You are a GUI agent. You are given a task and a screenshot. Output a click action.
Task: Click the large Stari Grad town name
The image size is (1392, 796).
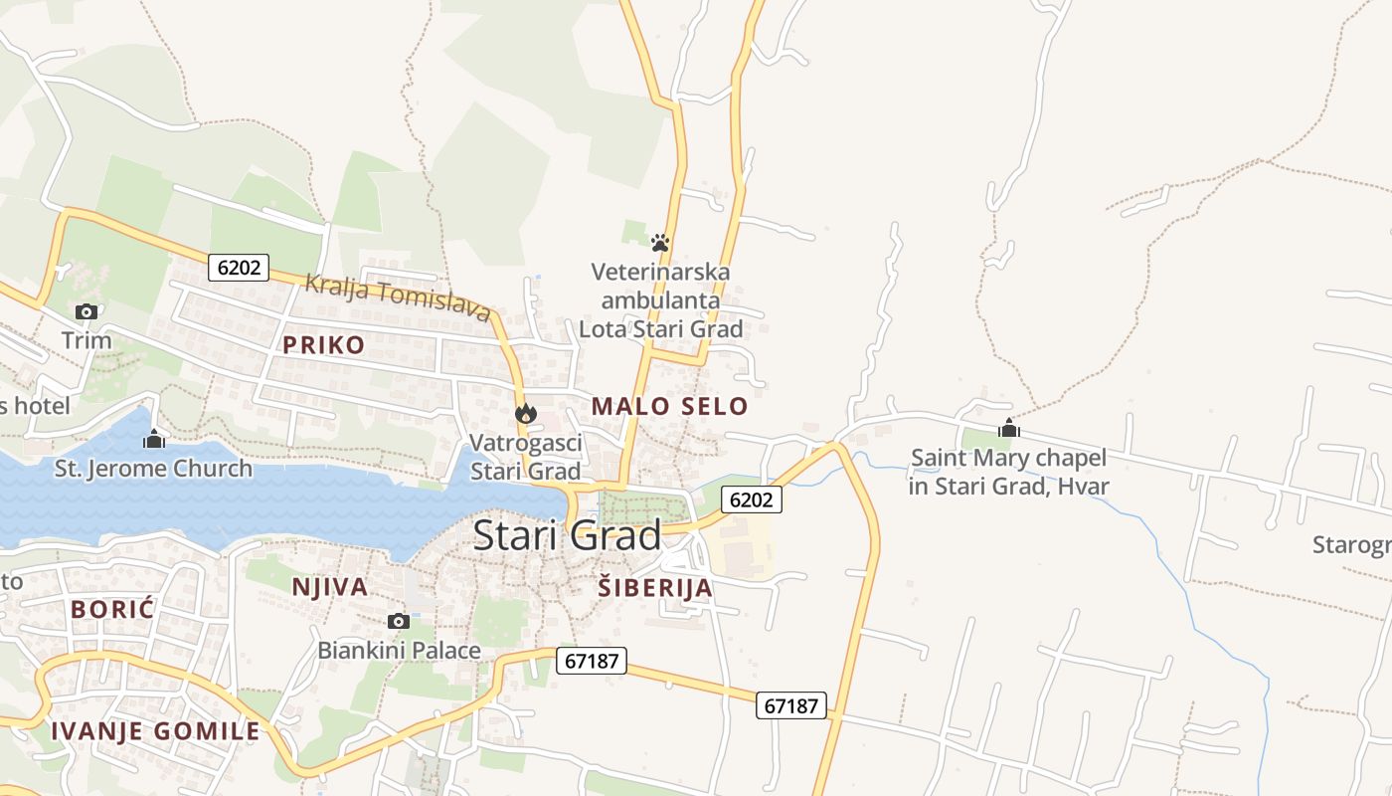(x=567, y=535)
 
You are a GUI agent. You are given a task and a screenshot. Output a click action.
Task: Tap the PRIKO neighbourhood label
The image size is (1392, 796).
(x=323, y=345)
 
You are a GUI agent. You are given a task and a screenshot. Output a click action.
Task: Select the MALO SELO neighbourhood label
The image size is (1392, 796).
(x=669, y=406)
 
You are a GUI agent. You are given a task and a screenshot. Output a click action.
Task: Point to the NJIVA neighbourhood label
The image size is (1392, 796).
(x=329, y=587)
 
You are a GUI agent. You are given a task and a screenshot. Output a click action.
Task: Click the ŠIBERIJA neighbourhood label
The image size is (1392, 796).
(x=655, y=587)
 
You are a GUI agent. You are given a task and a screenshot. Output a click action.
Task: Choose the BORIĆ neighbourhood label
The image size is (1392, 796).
(x=112, y=609)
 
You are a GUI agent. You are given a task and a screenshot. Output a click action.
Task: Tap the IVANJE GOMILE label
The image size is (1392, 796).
(x=155, y=731)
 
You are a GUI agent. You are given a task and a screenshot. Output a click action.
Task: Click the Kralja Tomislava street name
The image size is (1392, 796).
(x=398, y=297)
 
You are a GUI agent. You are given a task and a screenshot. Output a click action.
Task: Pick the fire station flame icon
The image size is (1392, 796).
(x=525, y=413)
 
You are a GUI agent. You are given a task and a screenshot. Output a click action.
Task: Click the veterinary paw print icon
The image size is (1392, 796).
(x=660, y=242)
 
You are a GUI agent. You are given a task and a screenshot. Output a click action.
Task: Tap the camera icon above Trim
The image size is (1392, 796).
(x=87, y=311)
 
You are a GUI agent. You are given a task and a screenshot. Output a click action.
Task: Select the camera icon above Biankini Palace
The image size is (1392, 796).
(x=399, y=622)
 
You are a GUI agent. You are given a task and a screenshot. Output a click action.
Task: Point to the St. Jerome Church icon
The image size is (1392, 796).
(x=154, y=438)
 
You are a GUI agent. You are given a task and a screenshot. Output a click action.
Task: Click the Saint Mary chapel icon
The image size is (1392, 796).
(x=1009, y=429)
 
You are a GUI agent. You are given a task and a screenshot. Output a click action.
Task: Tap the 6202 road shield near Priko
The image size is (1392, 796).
(x=240, y=267)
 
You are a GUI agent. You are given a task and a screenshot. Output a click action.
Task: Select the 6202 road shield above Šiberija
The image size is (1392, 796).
(x=751, y=499)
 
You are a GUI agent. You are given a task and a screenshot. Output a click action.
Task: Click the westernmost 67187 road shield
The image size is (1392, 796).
(x=591, y=660)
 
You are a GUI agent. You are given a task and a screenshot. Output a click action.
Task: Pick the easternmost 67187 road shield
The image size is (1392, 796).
(x=791, y=705)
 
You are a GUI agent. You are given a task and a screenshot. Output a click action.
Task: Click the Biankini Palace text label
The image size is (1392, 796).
(x=399, y=651)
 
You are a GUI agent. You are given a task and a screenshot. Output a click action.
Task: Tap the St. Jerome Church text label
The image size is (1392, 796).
(x=153, y=468)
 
